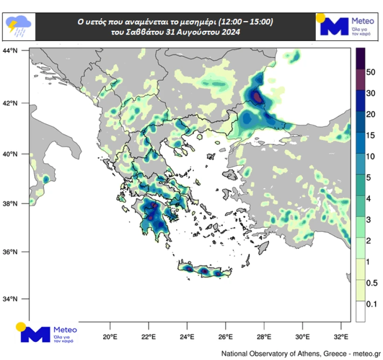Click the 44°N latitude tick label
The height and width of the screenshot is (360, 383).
point(10,50)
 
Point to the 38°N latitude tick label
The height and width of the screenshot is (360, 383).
point(10,204)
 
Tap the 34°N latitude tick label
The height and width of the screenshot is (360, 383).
point(10,299)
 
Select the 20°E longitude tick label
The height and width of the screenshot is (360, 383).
point(110,337)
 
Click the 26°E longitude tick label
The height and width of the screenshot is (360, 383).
point(226,337)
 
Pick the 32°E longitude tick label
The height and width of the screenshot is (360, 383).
point(341,337)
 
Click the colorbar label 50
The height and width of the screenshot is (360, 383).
point(371,72)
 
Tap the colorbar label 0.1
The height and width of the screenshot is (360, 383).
point(371,304)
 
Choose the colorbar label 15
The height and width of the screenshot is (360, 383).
point(371,135)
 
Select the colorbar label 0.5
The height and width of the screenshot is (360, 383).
point(371,283)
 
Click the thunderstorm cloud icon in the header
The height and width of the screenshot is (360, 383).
point(18,26)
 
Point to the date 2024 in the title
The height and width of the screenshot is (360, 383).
point(230,33)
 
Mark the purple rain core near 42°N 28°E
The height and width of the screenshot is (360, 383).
point(257,97)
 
